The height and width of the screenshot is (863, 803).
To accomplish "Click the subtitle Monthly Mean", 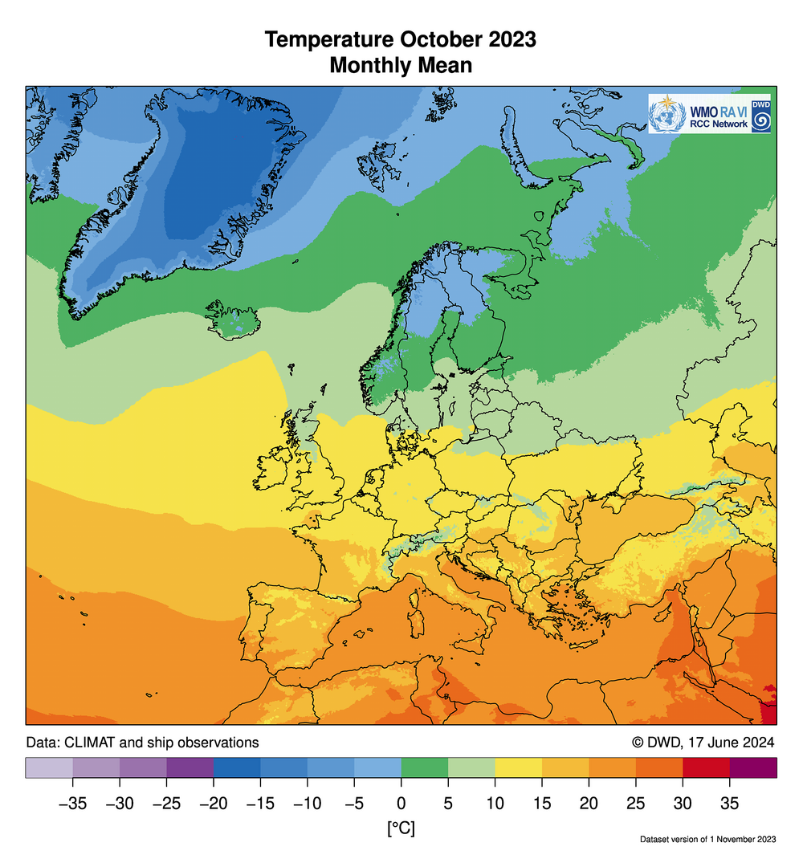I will point(401,66).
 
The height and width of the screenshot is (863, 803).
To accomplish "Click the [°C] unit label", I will point(400,828).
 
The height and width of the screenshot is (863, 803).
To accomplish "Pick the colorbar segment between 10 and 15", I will point(519,768).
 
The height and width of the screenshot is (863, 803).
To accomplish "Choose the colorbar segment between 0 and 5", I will point(425,768).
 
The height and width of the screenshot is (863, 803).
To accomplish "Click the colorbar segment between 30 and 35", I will point(707,768).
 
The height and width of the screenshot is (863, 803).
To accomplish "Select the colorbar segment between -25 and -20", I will point(190,768).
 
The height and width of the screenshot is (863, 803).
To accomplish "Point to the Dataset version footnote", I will point(708,840).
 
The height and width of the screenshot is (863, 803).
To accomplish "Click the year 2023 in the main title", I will point(508,40).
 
